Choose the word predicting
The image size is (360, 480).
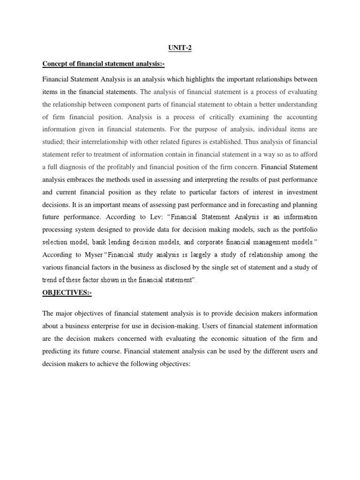click(x=58, y=351)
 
